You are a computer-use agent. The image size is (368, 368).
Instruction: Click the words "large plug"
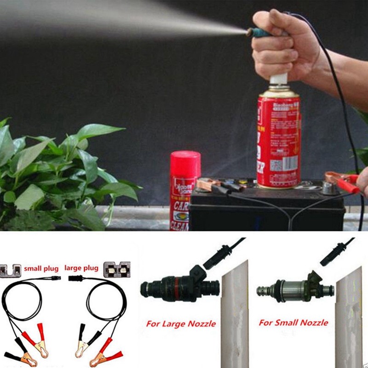coord(82,267)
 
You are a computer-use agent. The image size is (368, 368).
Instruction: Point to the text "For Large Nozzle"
coord(181,323)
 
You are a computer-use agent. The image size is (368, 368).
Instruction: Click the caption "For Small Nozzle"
coord(293,322)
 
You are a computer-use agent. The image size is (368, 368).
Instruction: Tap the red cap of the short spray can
coord(185,161)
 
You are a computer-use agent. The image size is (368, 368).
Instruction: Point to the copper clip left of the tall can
coord(209,184)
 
